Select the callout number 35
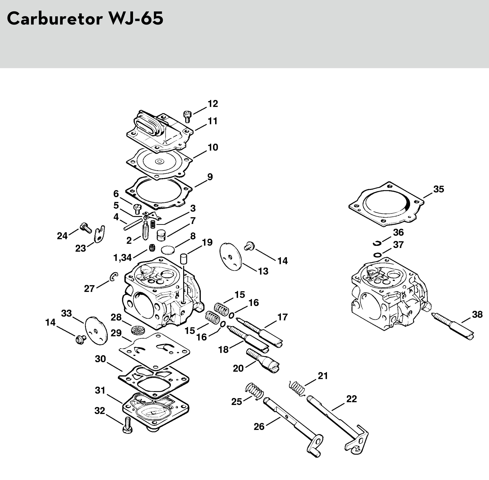point(438,189)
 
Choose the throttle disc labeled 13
point(231,256)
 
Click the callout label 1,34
point(122,258)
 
